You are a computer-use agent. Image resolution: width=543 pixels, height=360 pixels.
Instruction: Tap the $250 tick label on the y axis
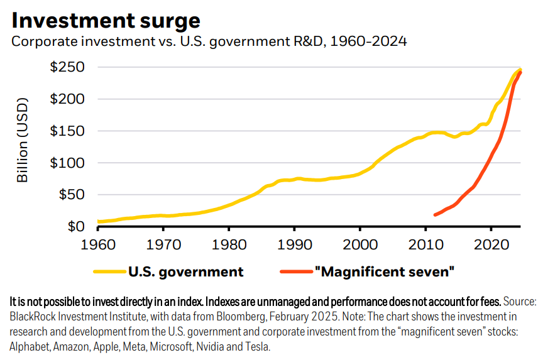pos(67,67)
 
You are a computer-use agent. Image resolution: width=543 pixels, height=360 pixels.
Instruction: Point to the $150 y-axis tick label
pos(67,131)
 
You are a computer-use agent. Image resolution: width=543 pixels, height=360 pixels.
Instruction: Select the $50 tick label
pos(71,195)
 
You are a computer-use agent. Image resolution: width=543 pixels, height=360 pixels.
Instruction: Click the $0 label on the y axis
pos(75,227)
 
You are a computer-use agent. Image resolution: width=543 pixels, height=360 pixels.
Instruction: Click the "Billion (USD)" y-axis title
pos(23,139)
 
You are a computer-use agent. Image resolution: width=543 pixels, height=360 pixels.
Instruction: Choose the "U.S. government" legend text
pos(185,272)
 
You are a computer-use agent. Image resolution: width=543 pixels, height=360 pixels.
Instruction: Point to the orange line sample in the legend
pos(295,272)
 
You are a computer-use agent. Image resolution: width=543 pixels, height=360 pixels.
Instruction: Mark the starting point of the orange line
pos(435,215)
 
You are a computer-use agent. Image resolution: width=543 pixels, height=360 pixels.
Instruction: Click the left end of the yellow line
pos(99,221)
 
